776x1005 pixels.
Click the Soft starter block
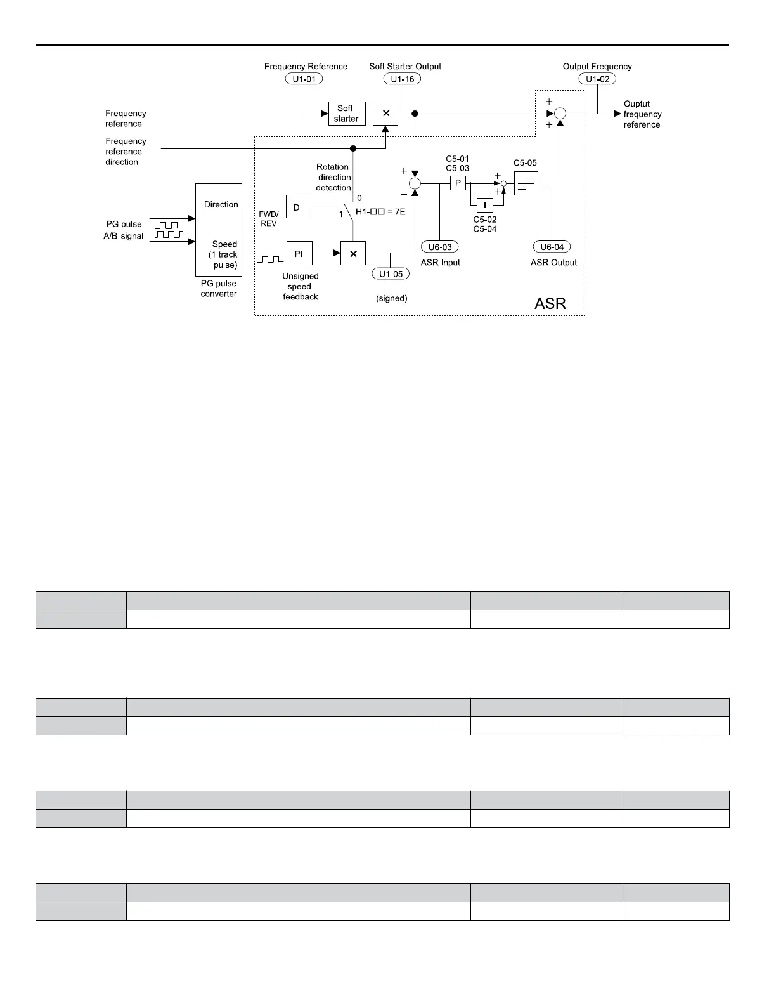coord(347,114)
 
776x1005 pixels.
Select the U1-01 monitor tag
coord(304,79)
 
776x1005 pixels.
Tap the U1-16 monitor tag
coord(402,79)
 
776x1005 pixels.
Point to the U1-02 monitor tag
coord(597,79)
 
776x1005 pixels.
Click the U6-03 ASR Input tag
coord(439,247)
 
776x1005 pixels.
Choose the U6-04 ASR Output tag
coord(552,247)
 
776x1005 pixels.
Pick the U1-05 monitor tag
coord(391,274)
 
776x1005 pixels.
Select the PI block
coord(299,253)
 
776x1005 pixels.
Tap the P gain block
coord(458,183)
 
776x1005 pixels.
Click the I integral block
coord(484,205)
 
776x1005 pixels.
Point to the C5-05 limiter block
coord(526,183)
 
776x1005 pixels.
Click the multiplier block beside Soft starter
coord(385,114)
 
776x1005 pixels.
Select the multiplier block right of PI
coord(353,253)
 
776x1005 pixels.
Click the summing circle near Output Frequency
coord(560,114)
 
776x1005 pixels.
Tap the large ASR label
coord(550,303)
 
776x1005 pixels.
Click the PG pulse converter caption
coord(219,289)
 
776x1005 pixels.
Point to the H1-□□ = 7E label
coord(380,212)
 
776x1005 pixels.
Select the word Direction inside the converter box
coord(221,205)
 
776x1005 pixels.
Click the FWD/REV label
coord(268,219)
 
